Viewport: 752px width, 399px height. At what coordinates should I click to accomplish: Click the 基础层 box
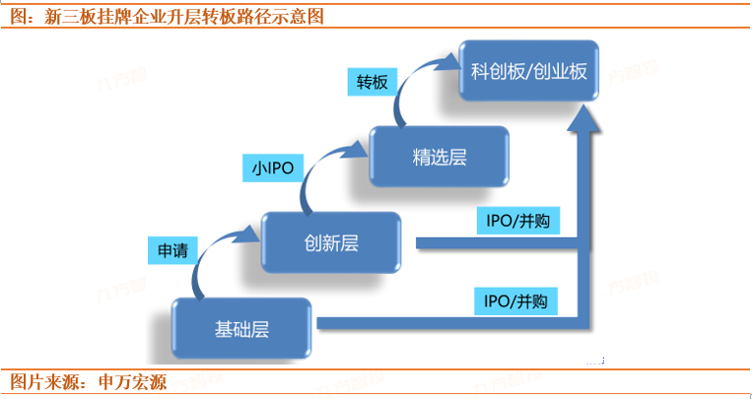[x=241, y=327]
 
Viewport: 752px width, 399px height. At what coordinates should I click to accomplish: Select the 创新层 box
[x=330, y=242]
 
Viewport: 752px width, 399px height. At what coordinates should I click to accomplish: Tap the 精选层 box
[x=440, y=158]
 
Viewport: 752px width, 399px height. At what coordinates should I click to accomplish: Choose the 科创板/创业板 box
[x=530, y=71]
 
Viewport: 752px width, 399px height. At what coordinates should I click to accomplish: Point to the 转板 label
[x=373, y=82]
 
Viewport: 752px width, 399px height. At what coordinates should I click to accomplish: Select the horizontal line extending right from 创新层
[x=493, y=242]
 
